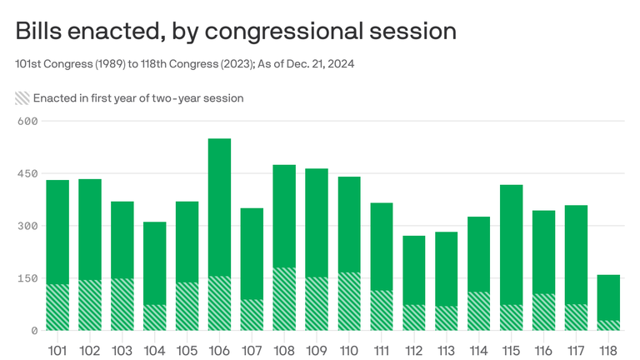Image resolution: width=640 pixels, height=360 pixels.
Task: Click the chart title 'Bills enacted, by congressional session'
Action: pos(236,31)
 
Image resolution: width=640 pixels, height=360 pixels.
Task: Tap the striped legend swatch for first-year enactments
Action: pos(22,97)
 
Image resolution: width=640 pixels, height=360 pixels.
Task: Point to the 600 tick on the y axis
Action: pos(29,122)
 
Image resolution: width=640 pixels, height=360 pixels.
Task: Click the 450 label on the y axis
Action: pos(29,173)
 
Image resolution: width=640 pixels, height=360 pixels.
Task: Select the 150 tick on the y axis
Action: pos(29,278)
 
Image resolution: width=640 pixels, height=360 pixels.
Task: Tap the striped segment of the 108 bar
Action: pos(284,299)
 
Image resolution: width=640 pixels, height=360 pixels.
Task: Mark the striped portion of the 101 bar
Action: pos(57,307)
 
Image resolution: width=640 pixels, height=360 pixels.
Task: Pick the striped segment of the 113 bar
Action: pos(447,318)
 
